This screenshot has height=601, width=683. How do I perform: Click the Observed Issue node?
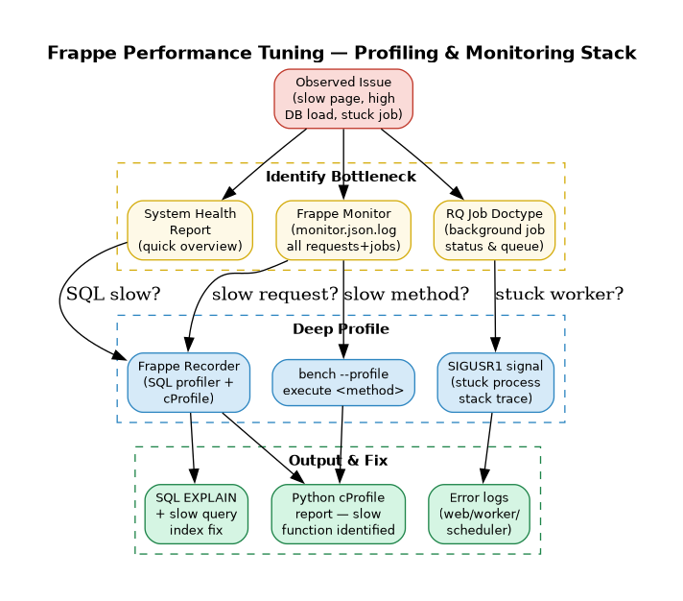coord(343,98)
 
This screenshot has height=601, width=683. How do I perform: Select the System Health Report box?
coord(190,230)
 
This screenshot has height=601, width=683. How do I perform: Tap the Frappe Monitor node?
coord(343,230)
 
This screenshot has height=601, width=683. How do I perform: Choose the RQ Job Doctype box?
coord(494,230)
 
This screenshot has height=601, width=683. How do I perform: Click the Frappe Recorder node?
coord(188,382)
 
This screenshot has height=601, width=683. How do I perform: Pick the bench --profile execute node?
coord(343,382)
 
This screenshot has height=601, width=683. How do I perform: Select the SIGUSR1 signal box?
coord(495,382)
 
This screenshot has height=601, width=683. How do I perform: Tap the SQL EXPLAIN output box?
coord(196,514)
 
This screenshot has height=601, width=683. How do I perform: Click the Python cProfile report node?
coord(338,514)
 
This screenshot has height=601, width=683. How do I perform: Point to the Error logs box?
coord(479,514)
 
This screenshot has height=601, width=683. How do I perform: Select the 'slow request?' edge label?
coord(274,294)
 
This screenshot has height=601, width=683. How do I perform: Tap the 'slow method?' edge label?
coord(406,294)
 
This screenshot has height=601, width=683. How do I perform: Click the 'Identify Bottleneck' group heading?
coord(341,177)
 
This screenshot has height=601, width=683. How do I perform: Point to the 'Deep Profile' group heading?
coord(341,329)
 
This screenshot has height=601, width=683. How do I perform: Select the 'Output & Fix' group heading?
coord(338,461)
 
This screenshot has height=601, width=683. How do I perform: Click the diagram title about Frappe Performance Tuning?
coord(341,53)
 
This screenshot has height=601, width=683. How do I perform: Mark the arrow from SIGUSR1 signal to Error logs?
coord(488,447)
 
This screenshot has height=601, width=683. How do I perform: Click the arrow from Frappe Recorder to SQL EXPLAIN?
coord(192,447)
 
